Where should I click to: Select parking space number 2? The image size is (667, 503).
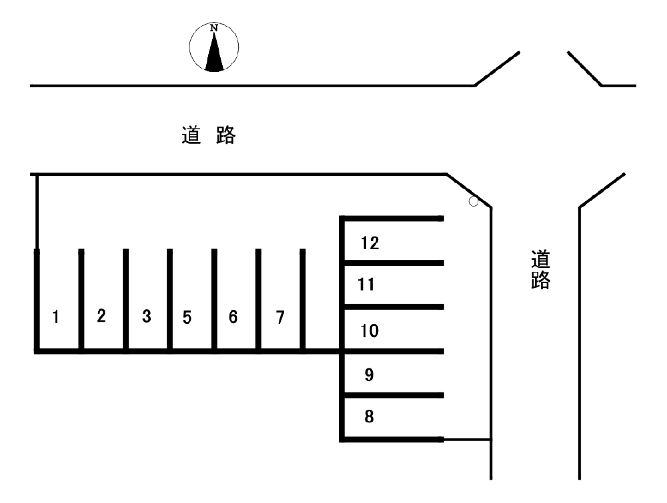(101, 316)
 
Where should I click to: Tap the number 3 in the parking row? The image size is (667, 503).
(146, 316)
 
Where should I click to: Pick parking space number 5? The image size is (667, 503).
(187, 317)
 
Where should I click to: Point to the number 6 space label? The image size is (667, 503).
(233, 317)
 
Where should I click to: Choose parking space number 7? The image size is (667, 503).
(280, 317)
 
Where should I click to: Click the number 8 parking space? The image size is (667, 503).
(370, 418)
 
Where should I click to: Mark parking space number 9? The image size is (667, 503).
(370, 374)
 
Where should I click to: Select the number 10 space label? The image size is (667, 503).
(370, 330)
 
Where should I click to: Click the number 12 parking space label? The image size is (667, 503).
(370, 243)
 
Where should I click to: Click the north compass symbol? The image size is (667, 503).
(214, 47)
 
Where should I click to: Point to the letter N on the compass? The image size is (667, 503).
(214, 28)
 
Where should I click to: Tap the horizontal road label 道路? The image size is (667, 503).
(209, 135)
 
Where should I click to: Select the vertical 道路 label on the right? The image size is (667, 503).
(540, 269)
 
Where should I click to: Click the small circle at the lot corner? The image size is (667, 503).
(474, 201)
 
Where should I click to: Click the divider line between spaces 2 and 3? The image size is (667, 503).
(125, 300)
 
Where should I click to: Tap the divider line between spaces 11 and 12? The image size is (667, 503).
(394, 262)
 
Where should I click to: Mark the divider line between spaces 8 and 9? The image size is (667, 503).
(394, 395)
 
